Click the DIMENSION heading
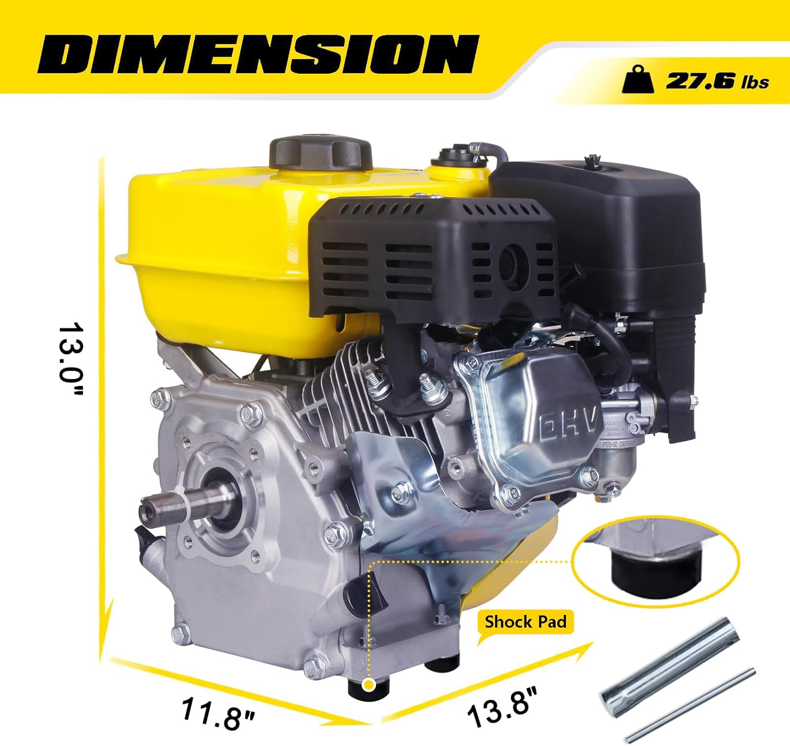point(258,54)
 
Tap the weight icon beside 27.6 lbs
point(638,79)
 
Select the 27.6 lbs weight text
point(717,81)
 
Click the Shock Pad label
point(525,622)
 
